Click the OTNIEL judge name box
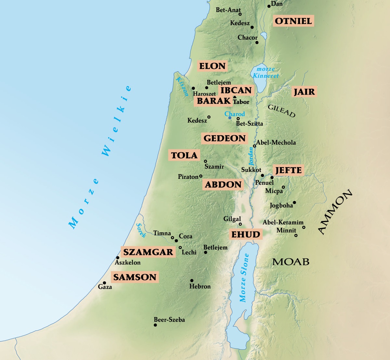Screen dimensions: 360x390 click(x=293, y=21)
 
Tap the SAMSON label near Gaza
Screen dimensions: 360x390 click(x=135, y=277)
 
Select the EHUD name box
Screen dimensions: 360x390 click(x=245, y=234)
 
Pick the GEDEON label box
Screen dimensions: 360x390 click(x=224, y=139)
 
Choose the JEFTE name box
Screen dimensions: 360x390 click(x=288, y=170)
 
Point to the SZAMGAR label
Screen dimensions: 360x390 click(x=148, y=252)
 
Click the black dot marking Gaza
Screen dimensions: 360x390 click(x=104, y=283)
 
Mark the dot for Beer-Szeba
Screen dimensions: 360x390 click(x=155, y=325)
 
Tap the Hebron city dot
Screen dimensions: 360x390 click(x=192, y=280)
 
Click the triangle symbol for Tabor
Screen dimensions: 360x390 click(x=235, y=97)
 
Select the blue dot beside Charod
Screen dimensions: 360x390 click(x=229, y=118)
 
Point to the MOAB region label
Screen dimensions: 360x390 click(x=291, y=262)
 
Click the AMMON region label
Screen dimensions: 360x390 click(x=334, y=212)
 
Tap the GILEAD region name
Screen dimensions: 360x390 click(x=281, y=111)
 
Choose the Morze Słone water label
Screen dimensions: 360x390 click(x=244, y=278)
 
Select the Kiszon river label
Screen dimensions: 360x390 click(x=182, y=87)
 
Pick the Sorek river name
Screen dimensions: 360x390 click(x=141, y=231)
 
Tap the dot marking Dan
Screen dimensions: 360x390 click(x=269, y=6)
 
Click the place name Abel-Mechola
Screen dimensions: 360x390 click(x=276, y=142)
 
